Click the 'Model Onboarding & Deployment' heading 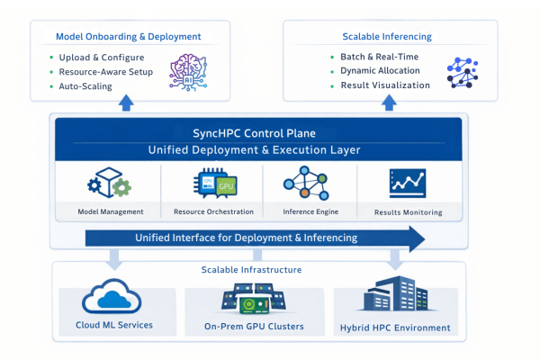pyautogui.click(x=128, y=37)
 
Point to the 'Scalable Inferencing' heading pyautogui.click(x=386, y=37)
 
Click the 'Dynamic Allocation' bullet pyautogui.click(x=380, y=71)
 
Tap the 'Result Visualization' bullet pyautogui.click(x=384, y=85)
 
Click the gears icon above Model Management pyautogui.click(x=109, y=184)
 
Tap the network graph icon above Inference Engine pyautogui.click(x=309, y=184)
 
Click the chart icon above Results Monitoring pyautogui.click(x=408, y=184)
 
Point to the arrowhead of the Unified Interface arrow pyautogui.click(x=413, y=238)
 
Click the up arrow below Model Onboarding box pyautogui.click(x=127, y=105)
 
